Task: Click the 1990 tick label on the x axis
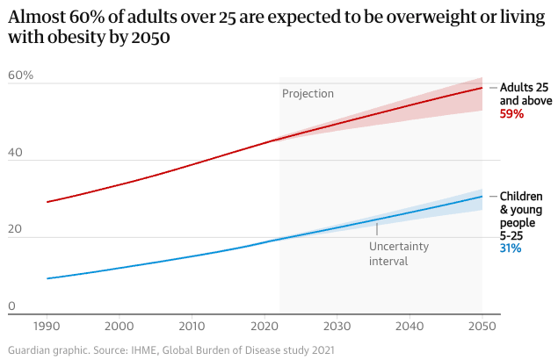coord(47,326)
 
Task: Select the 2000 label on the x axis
coord(120,326)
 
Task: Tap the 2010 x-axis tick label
coord(192,326)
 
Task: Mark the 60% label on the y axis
coord(20,76)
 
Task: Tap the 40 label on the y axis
coord(15,152)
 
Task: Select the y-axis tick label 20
coord(15,228)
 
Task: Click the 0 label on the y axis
coord(11,306)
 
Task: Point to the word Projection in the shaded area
coord(308,94)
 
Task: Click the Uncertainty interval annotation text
coord(398,254)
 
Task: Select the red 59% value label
coord(511,114)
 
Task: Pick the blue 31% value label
coord(510,248)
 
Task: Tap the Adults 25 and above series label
coord(525,94)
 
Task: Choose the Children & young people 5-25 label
coord(521,215)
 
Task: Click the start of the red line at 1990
coord(47,202)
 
